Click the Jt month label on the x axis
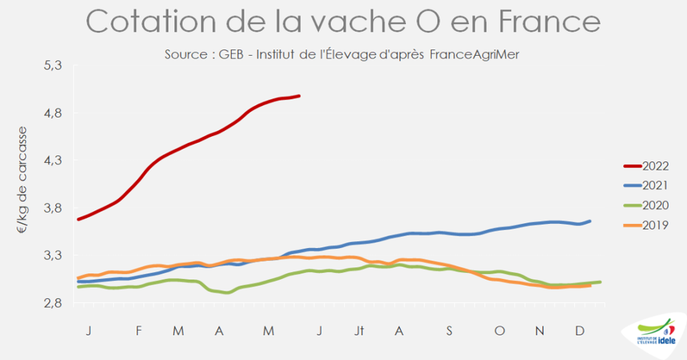coord(359,331)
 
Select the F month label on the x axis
coord(139,331)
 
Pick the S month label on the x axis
coord(449,331)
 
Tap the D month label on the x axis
coord(580,331)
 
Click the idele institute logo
coord(655,336)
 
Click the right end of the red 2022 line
coord(299,96)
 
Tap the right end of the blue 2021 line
coord(590,221)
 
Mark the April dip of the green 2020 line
coord(227,293)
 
